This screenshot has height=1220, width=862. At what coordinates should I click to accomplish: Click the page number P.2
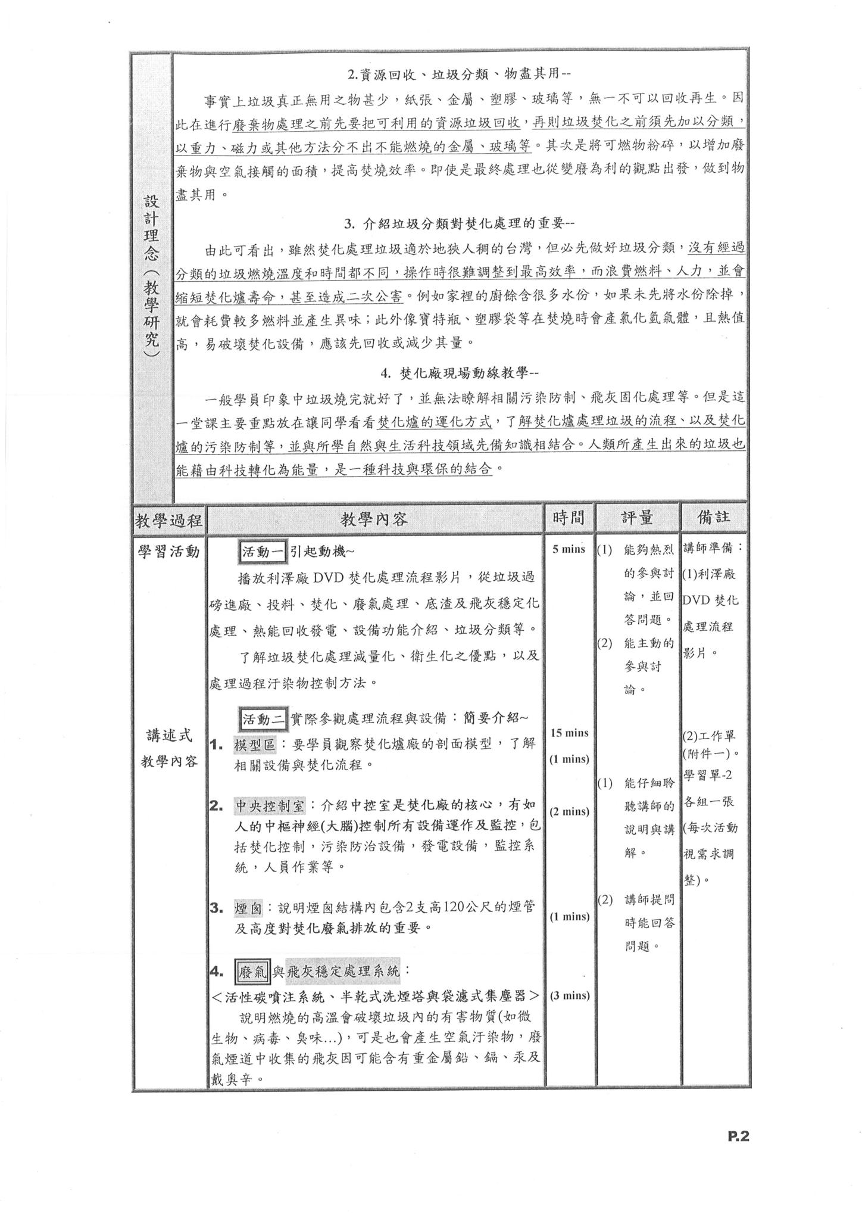[737, 1136]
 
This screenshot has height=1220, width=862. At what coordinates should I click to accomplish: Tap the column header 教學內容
[374, 519]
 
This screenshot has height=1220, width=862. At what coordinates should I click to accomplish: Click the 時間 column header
[568, 518]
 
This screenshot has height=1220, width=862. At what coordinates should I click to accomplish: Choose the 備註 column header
[714, 517]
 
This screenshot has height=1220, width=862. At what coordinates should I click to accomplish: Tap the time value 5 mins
[569, 549]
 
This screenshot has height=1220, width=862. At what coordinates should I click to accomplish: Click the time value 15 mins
[569, 733]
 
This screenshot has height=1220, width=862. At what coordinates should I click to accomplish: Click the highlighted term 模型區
[255, 745]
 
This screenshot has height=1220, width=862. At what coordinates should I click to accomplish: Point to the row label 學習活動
[169, 552]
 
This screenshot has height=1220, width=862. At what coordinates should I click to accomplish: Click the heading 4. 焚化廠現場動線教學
[460, 374]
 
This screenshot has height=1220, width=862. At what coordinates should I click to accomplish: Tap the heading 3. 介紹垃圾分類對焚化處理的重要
[459, 223]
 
